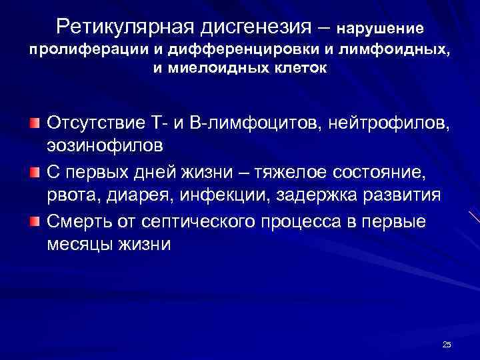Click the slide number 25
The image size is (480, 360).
447,344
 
